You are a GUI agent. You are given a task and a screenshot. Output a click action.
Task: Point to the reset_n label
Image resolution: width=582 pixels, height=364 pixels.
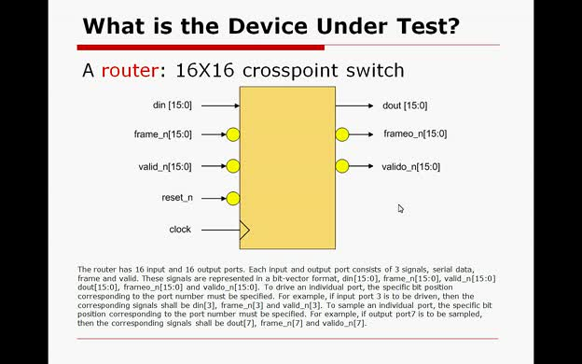176,198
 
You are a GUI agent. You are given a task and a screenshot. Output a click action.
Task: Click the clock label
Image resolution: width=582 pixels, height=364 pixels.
180,230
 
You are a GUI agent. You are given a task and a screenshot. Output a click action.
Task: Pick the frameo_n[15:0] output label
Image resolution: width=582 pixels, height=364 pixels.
415,134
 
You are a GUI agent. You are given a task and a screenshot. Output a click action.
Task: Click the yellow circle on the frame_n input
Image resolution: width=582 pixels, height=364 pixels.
233,135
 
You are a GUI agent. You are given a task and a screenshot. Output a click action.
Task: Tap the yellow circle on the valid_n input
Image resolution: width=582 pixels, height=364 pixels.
233,167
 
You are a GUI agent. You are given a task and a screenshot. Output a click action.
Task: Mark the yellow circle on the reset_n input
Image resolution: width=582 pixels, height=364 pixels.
233,198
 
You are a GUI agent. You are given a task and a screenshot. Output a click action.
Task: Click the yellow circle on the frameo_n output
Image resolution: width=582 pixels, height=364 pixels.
342,134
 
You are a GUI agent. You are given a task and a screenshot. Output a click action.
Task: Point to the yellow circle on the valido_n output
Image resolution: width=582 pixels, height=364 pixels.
342,166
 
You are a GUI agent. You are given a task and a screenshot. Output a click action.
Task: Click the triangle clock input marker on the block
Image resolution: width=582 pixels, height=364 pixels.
245,230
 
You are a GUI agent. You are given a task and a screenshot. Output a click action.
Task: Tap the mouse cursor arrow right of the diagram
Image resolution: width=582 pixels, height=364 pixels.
400,208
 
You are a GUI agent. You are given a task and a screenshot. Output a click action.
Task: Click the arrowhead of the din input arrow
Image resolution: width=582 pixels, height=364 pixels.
236,105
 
